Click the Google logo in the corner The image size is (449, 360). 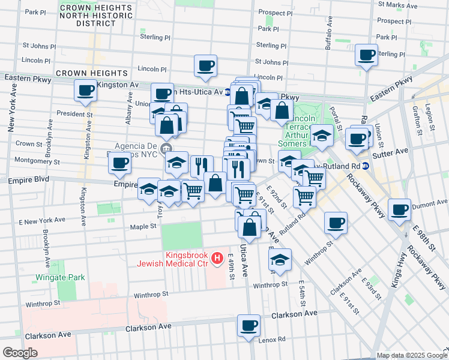pyautogui.click(x=20, y=353)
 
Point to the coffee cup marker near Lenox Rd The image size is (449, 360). pyautogui.click(x=249, y=326)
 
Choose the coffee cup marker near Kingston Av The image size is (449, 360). pyautogui.click(x=85, y=91)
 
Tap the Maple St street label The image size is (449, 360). pyautogui.click(x=143, y=227)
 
